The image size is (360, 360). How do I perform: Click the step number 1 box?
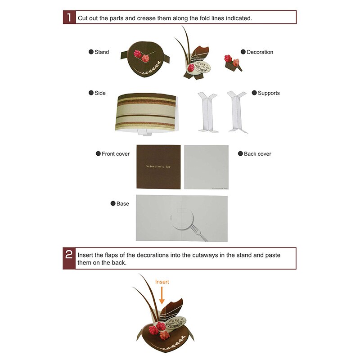pyautogui.click(x=69, y=18)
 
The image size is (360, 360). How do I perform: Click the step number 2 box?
pyautogui.click(x=69, y=258)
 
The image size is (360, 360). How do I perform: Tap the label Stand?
pyautogui.click(x=102, y=52)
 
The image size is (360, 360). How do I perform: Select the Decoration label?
pyautogui.click(x=260, y=52)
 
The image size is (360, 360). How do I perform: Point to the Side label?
pyautogui.click(x=100, y=93)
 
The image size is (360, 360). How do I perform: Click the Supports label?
pyautogui.click(x=269, y=93)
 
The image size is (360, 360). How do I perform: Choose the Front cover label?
pyautogui.click(x=116, y=154)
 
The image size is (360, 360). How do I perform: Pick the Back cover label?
pyautogui.click(x=257, y=154)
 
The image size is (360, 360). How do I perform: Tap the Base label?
pyautogui.click(x=123, y=204)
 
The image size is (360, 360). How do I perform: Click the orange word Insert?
pyautogui.click(x=162, y=282)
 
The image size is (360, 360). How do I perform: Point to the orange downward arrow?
pyautogui.click(x=162, y=296)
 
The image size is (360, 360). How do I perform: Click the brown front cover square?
pyautogui.click(x=158, y=167)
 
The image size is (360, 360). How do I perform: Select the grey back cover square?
pyautogui.click(x=207, y=167)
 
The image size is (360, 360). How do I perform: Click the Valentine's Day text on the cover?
pyautogui.click(x=158, y=166)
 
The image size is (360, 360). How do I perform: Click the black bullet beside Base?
pyautogui.click(x=113, y=204)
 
